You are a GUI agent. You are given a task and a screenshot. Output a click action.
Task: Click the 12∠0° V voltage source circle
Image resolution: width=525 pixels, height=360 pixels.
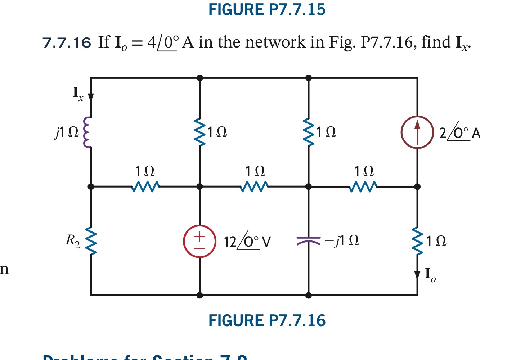point(200,241)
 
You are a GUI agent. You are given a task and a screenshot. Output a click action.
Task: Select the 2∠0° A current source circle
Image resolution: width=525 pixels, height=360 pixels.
point(417,132)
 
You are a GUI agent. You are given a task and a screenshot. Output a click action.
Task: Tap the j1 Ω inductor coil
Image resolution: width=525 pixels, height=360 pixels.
point(87,132)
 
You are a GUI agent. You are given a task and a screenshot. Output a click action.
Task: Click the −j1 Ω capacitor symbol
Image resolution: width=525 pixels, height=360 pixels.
point(308,240)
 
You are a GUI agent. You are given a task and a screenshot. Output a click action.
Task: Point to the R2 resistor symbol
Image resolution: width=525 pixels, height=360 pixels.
point(91,241)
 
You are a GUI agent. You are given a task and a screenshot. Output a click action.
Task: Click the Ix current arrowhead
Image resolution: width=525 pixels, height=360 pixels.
point(91,97)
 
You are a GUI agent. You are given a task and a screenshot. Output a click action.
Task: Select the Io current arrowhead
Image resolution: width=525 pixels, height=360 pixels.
point(417,275)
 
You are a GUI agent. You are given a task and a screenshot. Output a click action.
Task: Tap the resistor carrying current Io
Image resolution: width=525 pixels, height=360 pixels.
point(417,241)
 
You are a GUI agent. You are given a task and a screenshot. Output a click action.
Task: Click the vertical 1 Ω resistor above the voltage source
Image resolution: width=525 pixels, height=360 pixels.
point(200,132)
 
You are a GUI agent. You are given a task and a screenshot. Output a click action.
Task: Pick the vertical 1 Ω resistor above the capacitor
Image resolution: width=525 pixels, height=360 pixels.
point(309,132)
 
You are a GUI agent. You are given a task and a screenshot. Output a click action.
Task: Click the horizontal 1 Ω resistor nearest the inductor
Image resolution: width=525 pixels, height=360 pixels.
point(145,186)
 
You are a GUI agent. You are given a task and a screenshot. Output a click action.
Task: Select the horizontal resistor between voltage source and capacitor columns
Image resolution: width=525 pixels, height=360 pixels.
point(254,186)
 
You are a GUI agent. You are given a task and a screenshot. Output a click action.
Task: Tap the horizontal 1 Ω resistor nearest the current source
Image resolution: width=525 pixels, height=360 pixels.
point(363,186)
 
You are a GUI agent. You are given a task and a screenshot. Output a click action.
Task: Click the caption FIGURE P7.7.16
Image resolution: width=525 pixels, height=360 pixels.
point(267,320)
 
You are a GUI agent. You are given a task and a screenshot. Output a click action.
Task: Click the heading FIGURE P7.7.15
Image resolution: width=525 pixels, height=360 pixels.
point(267,9)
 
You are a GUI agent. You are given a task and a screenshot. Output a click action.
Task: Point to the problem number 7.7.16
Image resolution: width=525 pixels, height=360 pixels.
point(67,43)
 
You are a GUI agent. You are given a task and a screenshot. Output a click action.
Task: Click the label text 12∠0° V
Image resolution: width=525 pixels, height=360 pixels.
point(247,241)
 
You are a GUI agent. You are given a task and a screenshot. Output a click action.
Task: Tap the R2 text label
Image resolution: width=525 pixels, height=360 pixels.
point(73,240)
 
